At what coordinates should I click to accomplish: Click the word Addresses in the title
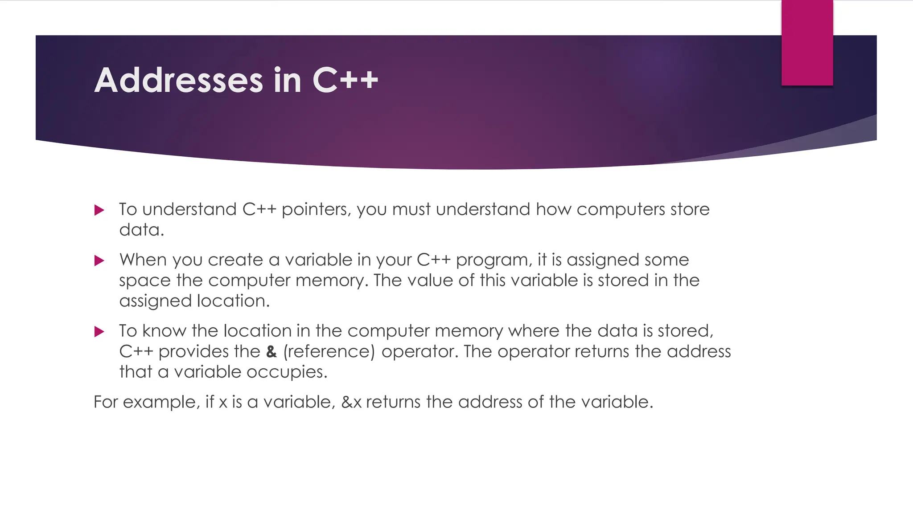click(179, 81)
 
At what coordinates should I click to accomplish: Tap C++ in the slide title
click(345, 81)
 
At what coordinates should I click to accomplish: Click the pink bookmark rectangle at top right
click(807, 43)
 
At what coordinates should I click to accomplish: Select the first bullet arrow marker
click(99, 210)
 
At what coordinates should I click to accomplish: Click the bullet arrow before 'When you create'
click(99, 261)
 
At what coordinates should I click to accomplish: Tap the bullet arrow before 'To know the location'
click(99, 331)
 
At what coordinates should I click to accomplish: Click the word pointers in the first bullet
click(316, 210)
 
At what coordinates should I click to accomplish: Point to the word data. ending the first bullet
click(142, 230)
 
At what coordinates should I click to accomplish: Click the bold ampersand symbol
click(271, 352)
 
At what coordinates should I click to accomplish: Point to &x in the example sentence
click(351, 402)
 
